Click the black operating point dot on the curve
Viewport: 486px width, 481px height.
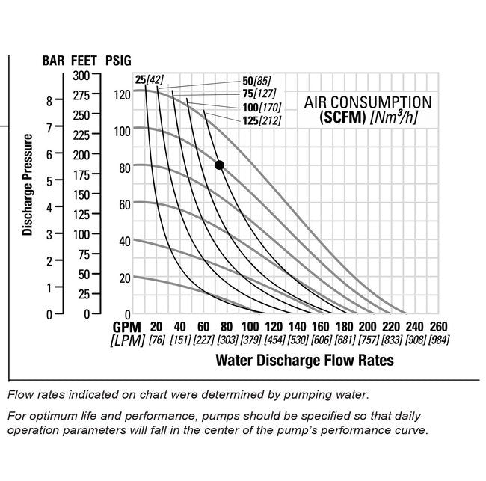[x=219, y=165]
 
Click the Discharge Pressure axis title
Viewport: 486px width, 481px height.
[x=28, y=185]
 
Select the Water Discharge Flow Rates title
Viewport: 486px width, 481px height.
[x=304, y=360]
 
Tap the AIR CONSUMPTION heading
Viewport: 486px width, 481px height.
[x=367, y=102]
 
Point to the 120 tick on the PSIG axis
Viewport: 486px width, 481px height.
[x=122, y=94]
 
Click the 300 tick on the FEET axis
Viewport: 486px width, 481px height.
[x=81, y=75]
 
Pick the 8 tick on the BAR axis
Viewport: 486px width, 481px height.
[x=49, y=100]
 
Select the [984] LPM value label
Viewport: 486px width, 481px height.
[x=437, y=340]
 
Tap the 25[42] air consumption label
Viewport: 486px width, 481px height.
[x=150, y=80]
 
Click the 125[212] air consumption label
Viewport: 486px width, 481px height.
[x=262, y=120]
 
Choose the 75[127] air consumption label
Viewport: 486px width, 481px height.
[x=259, y=94]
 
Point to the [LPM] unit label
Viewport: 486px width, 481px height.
[x=127, y=340]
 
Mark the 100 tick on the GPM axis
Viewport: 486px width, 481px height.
[x=250, y=327]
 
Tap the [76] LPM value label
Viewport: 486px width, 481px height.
[x=156, y=340]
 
